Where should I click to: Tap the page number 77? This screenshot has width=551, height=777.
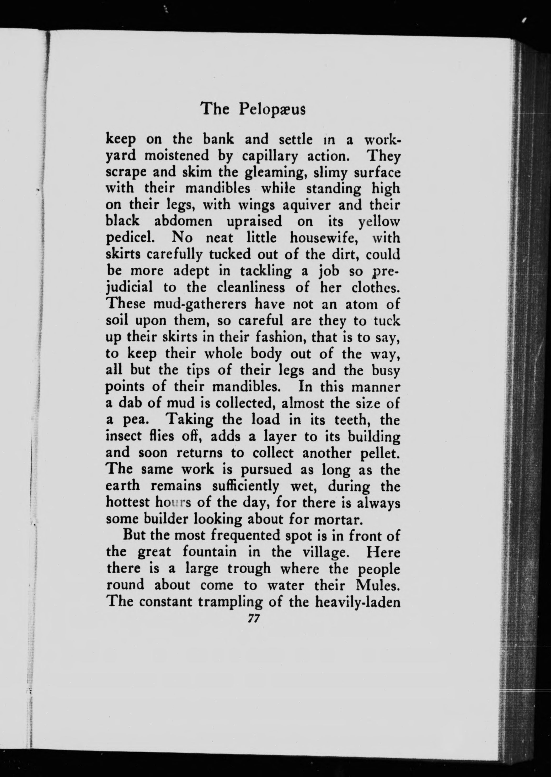click(x=253, y=619)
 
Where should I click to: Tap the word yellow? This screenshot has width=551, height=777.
click(x=379, y=222)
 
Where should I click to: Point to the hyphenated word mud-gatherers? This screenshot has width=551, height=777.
click(x=200, y=304)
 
